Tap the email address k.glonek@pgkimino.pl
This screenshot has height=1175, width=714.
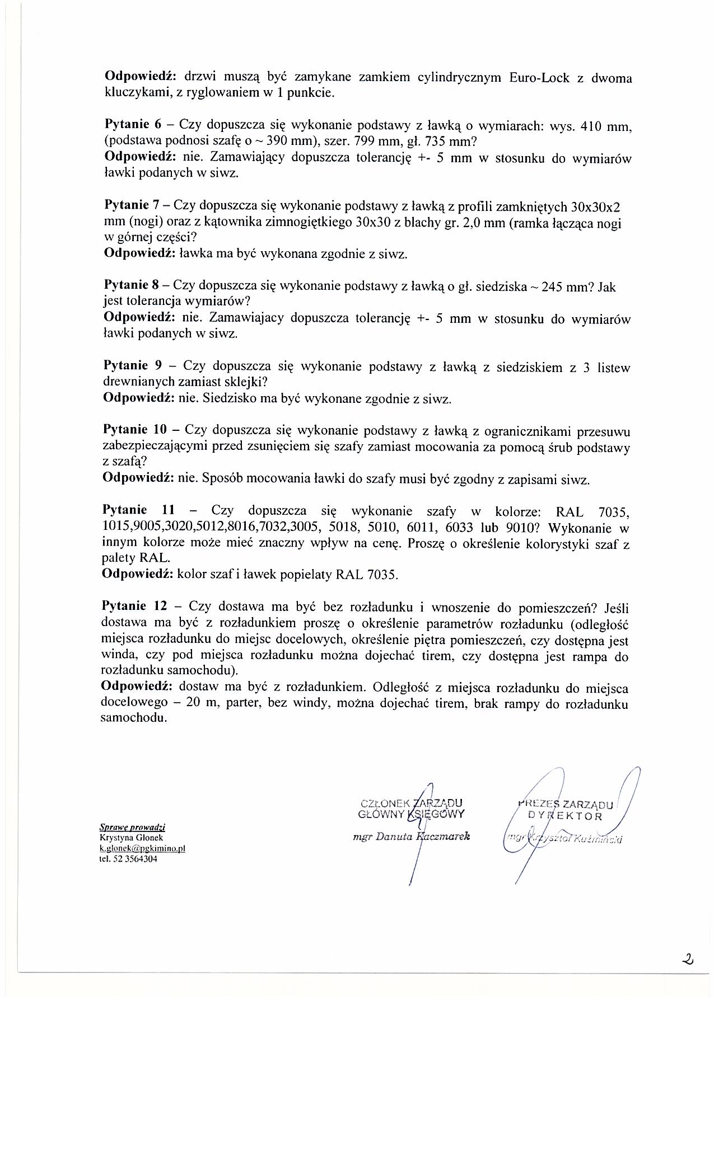tap(142, 848)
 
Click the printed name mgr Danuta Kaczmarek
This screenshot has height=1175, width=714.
tap(411, 836)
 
